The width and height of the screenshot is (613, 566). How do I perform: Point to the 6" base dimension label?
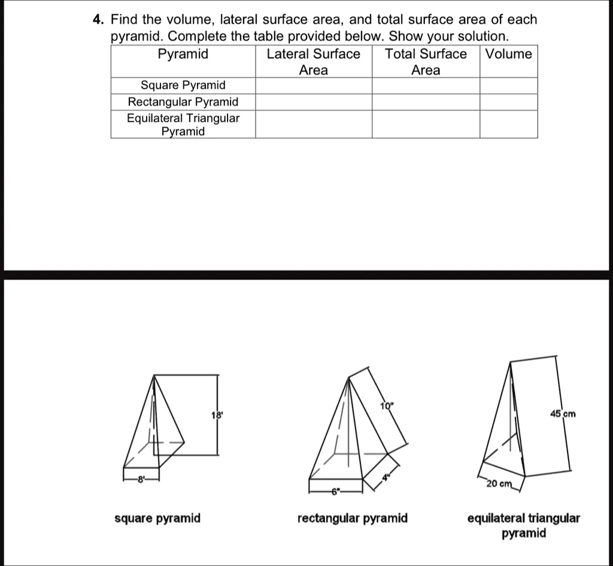point(335,492)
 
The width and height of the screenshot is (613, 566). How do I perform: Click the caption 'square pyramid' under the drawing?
point(157,518)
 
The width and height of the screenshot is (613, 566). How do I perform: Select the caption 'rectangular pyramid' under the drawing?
point(352,518)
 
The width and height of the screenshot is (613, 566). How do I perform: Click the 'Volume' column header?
point(508,54)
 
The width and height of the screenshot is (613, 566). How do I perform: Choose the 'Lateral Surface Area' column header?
point(313,62)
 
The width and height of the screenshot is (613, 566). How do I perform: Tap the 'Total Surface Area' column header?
point(425,62)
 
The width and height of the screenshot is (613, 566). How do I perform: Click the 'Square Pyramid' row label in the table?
point(183,86)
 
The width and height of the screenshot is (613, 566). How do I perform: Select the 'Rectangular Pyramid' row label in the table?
point(183,102)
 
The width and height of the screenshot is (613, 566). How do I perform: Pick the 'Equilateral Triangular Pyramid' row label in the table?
point(183,124)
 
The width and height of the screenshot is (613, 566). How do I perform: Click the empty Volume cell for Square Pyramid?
point(508,86)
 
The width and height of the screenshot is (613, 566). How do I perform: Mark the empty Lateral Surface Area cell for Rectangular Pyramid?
point(313,102)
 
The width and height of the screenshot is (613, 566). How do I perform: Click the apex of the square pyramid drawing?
point(155,375)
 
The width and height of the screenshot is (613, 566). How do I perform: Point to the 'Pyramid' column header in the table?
point(183,54)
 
